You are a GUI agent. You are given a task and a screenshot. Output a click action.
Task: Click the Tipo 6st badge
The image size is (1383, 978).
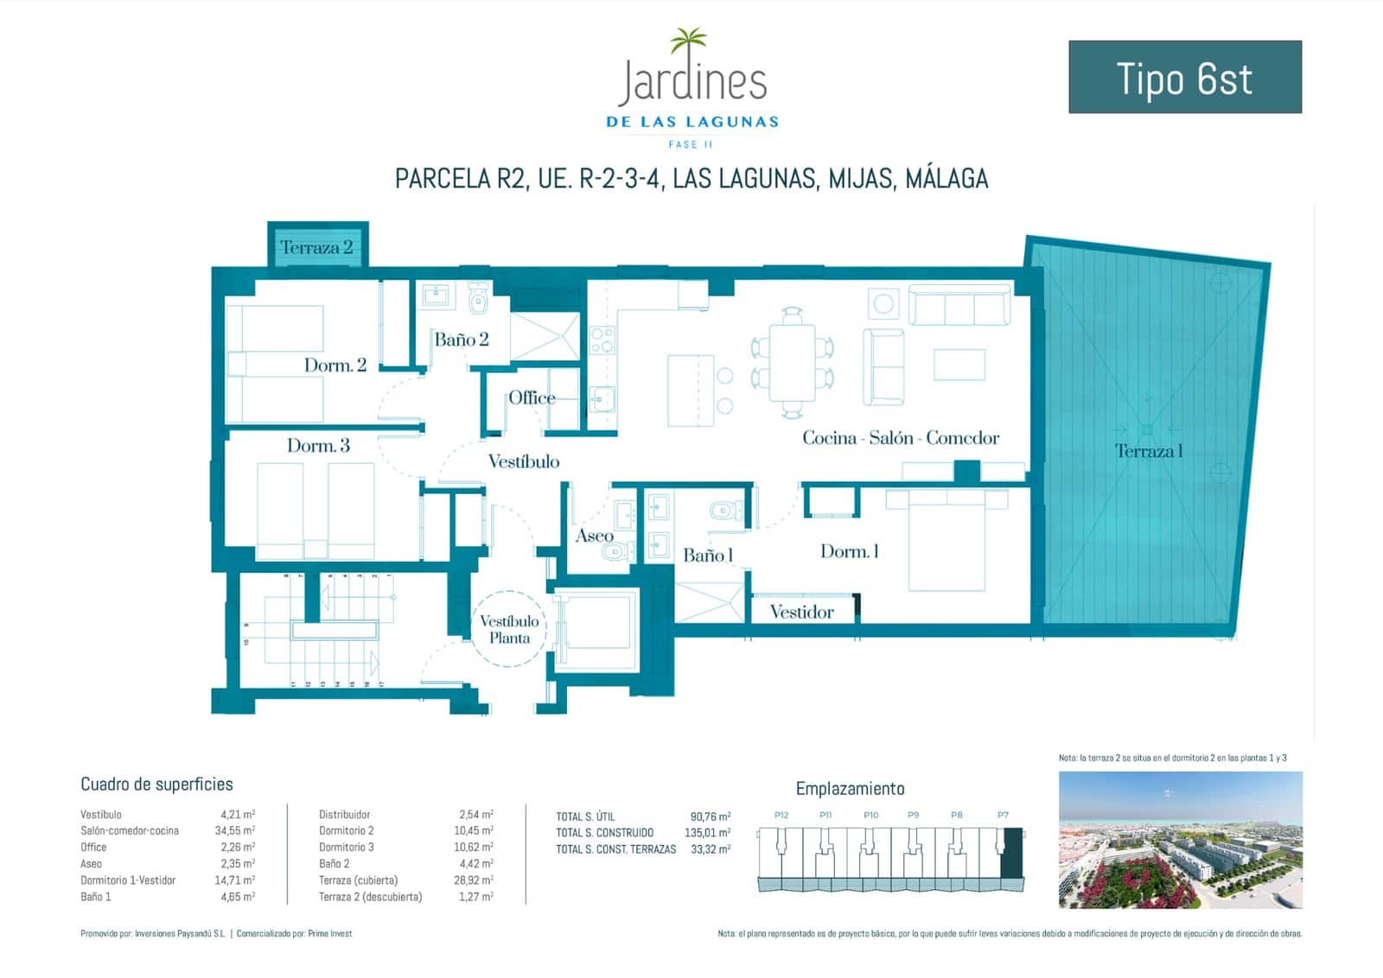[1184, 77]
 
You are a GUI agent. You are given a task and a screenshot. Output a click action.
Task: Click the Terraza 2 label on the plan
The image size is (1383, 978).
[316, 247]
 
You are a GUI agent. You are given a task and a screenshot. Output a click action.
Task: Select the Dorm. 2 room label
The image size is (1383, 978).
[335, 365]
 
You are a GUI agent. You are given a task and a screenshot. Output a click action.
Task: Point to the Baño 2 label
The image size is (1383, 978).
[461, 340]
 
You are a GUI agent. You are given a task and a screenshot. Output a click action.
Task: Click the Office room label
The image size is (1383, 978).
[532, 397]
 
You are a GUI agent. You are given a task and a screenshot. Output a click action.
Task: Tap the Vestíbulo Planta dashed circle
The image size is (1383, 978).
[509, 629]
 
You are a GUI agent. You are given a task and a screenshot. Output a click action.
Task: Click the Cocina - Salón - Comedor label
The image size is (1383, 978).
[900, 438]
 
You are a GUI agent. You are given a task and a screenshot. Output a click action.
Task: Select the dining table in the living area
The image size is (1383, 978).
[792, 360]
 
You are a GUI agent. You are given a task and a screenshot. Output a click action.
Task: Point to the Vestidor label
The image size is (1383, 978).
[801, 613]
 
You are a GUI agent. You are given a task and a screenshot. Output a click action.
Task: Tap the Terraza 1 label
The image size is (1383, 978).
[1148, 451]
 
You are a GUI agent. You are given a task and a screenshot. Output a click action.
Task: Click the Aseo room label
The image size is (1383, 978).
[594, 537]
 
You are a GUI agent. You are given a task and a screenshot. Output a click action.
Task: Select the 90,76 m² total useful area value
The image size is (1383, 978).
[710, 816]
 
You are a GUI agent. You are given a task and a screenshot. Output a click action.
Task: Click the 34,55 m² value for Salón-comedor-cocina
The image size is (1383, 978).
[237, 831]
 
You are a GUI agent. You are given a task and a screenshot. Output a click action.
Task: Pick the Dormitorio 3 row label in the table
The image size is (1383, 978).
[346, 848]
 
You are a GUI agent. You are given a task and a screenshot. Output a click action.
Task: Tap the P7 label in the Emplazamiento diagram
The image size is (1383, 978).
[1003, 815]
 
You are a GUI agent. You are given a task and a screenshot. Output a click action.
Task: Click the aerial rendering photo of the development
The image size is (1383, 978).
[1180, 840]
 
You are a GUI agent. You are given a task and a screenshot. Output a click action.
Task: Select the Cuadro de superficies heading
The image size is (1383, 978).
[156, 784]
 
